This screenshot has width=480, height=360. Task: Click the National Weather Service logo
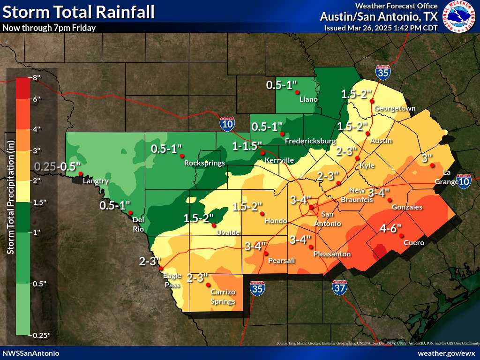(x=460, y=17)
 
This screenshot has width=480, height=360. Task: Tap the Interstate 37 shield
(x=340, y=287)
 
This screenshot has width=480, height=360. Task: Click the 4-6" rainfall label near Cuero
(x=390, y=229)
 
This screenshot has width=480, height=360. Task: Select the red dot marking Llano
(x=297, y=92)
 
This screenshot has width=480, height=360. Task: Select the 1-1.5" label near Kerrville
(x=247, y=146)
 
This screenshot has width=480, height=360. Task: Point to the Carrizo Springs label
(x=223, y=296)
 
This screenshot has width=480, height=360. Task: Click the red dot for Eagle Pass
(x=161, y=269)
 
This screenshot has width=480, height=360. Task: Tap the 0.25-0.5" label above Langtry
(x=58, y=166)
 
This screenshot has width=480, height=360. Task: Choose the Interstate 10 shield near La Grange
(x=464, y=181)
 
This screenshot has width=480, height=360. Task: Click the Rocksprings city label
(x=204, y=163)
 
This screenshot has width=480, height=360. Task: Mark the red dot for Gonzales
(x=390, y=200)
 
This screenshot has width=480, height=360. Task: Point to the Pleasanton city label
(x=332, y=254)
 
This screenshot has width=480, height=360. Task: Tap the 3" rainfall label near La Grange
(x=427, y=158)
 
